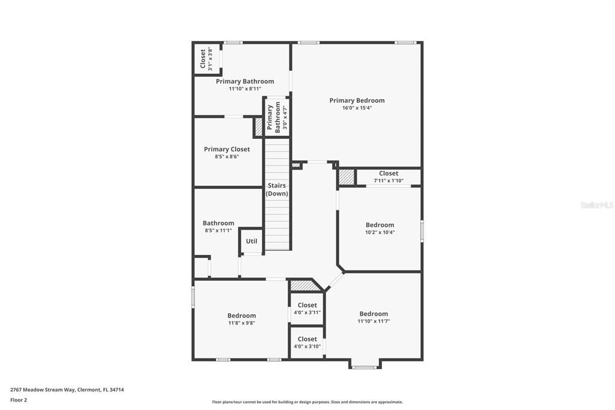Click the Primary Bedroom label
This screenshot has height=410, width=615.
357,100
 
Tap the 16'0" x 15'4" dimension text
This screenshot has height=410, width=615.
357,108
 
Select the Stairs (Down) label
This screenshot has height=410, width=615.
277,189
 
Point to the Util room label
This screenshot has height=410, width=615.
252,241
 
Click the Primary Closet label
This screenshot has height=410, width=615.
227,149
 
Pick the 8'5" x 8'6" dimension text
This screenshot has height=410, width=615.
227,157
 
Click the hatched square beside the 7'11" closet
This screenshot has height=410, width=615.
347,177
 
